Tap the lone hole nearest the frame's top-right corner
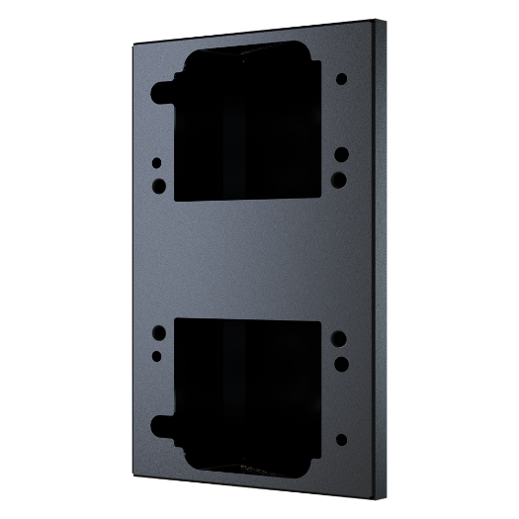tap(340, 77)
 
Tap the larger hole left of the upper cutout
tap(155, 185)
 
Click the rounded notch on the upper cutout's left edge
tap(160, 95)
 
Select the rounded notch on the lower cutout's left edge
tap(160, 423)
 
